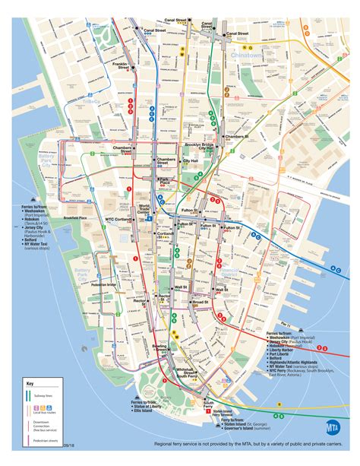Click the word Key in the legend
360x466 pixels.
pyautogui.click(x=30, y=384)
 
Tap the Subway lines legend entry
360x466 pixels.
pyautogui.click(x=45, y=397)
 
